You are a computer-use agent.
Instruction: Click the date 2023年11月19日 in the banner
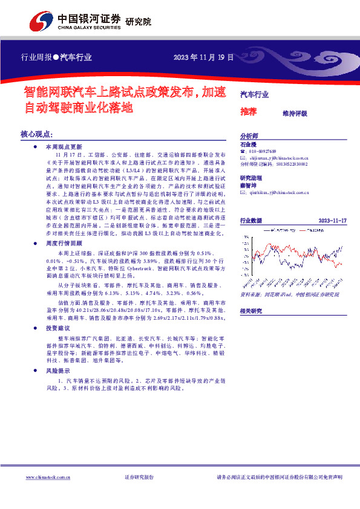click(203, 57)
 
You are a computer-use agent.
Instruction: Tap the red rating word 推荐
click(248, 112)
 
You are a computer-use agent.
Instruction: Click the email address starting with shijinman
click(279, 157)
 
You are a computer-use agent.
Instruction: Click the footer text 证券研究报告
click(139, 478)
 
